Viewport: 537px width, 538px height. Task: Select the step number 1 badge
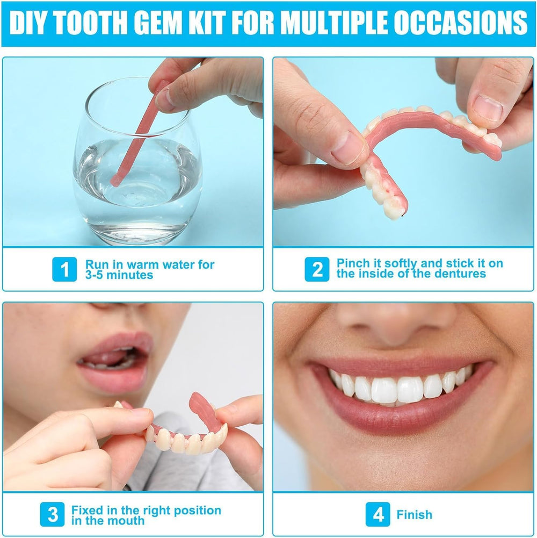click(64, 269)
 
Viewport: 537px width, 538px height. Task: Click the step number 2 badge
click(317, 269)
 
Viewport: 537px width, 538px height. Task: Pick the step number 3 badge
click(53, 515)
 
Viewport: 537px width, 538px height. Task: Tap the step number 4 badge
click(378, 515)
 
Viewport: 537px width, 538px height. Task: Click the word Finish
click(414, 515)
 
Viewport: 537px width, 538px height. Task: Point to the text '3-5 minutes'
click(119, 275)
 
